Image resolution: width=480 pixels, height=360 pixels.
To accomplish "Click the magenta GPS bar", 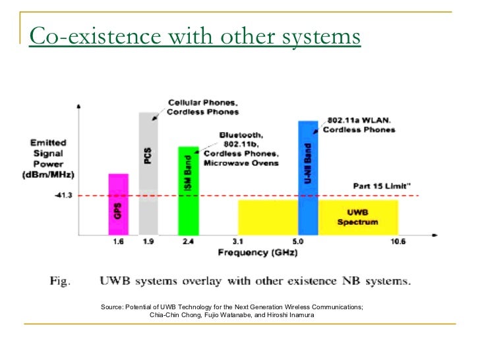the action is tap(118, 204).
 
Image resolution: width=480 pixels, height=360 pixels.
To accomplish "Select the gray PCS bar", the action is tap(149, 173).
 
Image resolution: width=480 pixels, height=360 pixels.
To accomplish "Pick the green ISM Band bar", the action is tap(188, 191).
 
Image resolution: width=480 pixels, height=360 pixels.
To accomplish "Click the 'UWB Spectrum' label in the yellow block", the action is tap(358, 218).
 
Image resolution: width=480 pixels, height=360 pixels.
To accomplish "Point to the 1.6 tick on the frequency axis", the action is tap(119, 242).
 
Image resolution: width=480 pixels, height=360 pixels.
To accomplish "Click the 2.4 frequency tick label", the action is tap(188, 242).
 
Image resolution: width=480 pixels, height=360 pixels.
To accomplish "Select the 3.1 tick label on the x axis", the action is tap(239, 242).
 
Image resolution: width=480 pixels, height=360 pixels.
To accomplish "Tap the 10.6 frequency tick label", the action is tap(398, 242).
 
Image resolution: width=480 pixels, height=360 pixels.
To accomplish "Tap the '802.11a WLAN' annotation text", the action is tap(359, 121).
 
